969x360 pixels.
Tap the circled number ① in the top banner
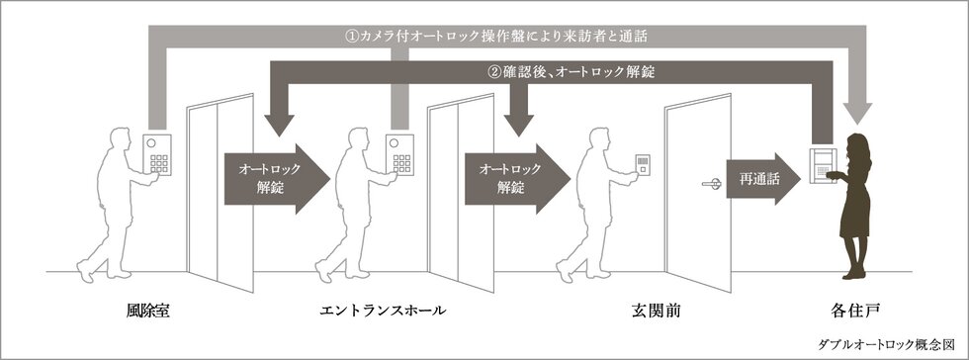[351, 36]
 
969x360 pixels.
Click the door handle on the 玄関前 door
[710, 182]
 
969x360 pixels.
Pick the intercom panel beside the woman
[822, 164]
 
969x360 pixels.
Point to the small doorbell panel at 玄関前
[642, 164]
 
